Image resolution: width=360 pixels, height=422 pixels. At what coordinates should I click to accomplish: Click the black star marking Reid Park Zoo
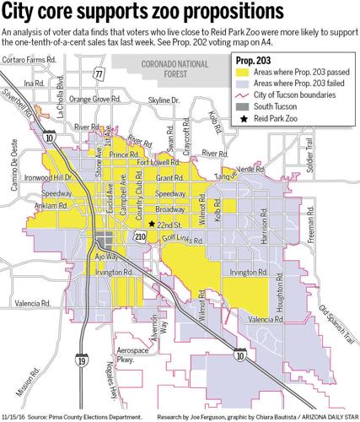tap(152, 224)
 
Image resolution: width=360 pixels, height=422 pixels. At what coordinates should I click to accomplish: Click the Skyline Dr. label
tap(165, 100)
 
